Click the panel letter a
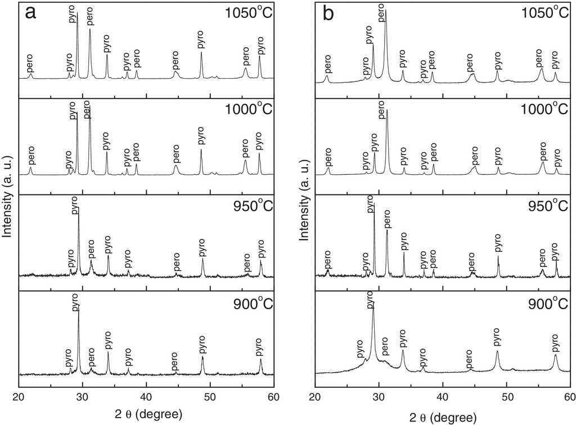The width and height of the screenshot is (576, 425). pyautogui.click(x=30, y=13)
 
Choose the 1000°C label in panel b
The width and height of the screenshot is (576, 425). pyautogui.click(x=541, y=109)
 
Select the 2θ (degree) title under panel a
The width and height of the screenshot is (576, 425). pyautogui.click(x=147, y=414)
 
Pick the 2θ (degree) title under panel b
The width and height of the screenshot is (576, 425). pyautogui.click(x=443, y=414)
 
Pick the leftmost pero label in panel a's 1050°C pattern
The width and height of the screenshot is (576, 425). pyautogui.click(x=30, y=66)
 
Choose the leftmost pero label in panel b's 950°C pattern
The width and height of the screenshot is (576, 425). pyautogui.click(x=327, y=260)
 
